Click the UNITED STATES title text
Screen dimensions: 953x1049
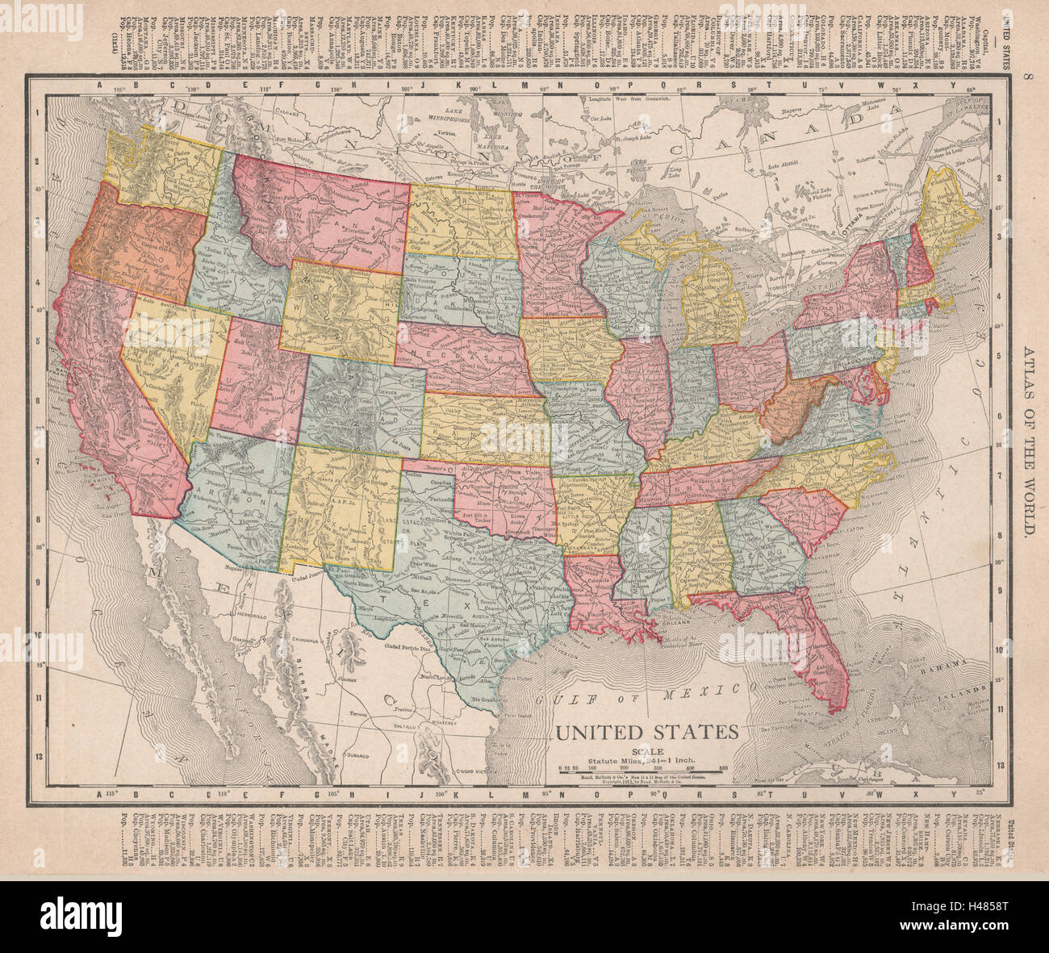645,732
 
